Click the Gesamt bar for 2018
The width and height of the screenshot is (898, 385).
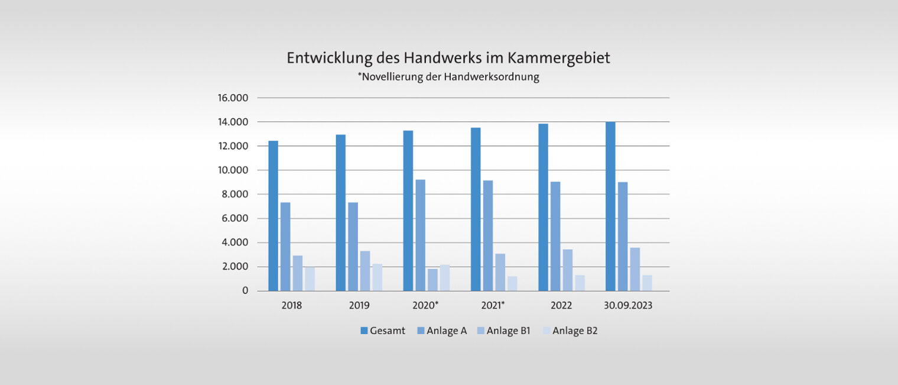[x=273, y=216]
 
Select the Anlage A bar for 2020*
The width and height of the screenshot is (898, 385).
[x=420, y=235]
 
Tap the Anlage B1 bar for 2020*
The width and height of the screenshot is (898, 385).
[x=432, y=280]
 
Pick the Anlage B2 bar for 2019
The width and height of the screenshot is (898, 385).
[x=377, y=277]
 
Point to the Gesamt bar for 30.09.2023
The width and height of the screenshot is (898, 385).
[x=610, y=206]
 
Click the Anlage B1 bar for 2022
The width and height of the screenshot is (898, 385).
[x=567, y=270]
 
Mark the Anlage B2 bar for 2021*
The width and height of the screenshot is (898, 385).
[x=512, y=284]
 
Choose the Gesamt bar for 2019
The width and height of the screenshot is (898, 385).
[x=340, y=213]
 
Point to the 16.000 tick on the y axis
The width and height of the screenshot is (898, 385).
[x=234, y=98]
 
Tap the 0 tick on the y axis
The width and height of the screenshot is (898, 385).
[x=245, y=291]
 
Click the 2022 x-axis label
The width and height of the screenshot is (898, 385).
[x=561, y=306]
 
